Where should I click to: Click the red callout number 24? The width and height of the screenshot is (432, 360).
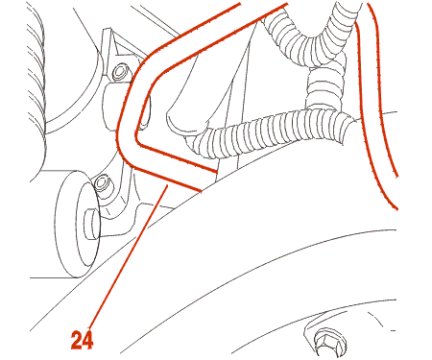pyautogui.click(x=82, y=340)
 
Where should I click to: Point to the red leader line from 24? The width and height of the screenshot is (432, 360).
pyautogui.click(x=128, y=256)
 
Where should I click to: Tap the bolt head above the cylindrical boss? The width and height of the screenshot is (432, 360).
pyautogui.click(x=120, y=72)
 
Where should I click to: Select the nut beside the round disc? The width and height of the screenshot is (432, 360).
pyautogui.click(x=103, y=183)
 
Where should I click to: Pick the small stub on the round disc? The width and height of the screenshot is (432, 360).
pyautogui.click(x=91, y=224)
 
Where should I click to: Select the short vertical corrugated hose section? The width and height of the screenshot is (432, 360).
pyautogui.click(x=324, y=84)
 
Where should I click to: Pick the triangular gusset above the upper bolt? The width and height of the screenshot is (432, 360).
pyautogui.click(x=123, y=50)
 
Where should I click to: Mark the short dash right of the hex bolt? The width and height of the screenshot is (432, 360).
pyautogui.click(x=394, y=330)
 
